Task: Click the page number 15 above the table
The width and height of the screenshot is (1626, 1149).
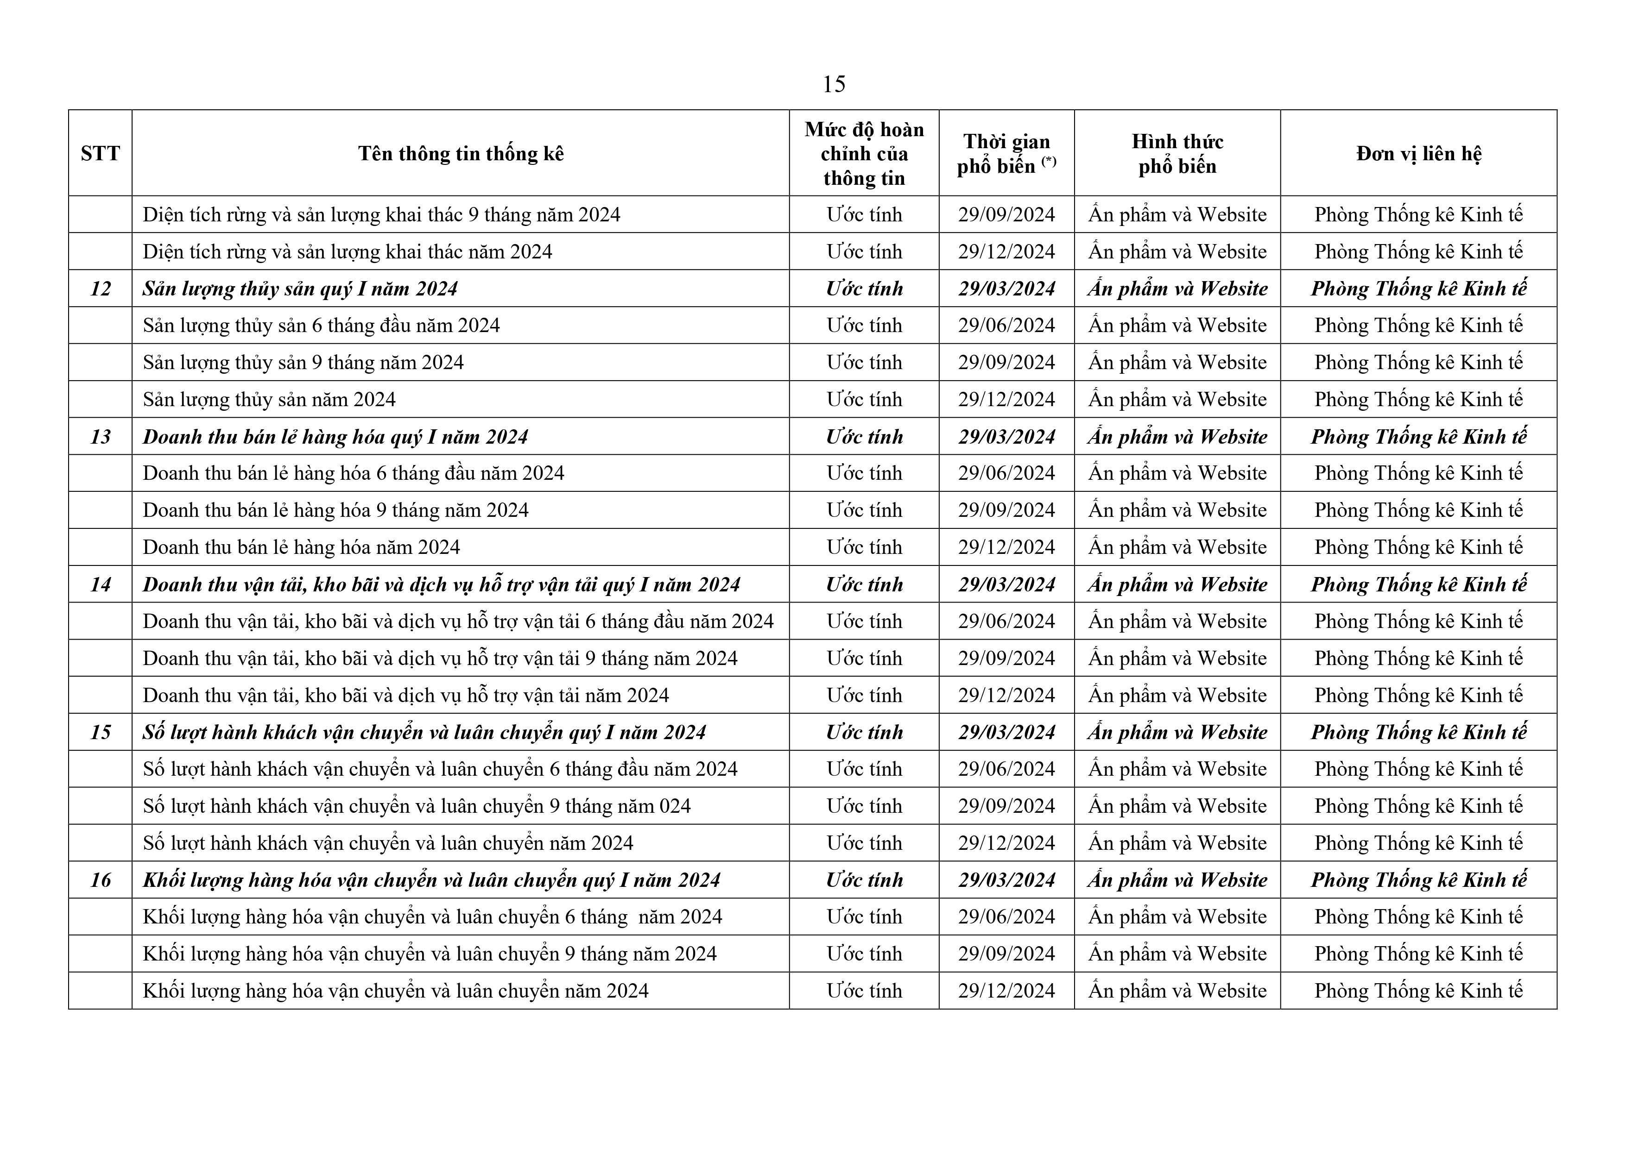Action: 834,85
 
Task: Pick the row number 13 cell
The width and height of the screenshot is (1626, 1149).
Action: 101,437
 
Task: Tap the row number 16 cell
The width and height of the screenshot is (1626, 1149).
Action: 101,880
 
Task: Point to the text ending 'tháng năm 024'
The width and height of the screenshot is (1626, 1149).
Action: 417,806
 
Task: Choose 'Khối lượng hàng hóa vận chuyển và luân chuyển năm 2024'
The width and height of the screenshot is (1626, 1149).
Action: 395,991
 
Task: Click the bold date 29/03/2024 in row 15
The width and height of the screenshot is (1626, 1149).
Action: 1006,733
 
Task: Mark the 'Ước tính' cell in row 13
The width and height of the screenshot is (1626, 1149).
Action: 864,437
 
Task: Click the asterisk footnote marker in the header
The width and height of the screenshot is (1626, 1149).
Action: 1049,161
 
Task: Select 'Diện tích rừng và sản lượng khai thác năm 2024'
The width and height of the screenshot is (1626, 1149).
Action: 347,252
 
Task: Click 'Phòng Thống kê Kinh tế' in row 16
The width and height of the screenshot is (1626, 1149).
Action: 1418,880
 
